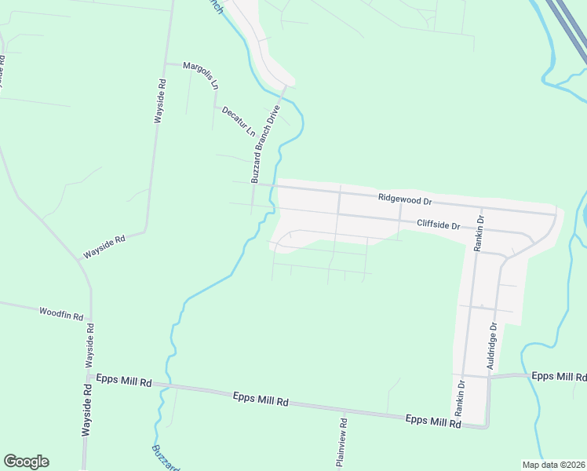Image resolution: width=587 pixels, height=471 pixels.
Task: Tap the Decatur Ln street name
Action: [239, 120]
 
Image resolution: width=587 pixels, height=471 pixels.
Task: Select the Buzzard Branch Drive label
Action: [265, 145]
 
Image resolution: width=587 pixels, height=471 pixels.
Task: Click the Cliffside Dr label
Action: [437, 225]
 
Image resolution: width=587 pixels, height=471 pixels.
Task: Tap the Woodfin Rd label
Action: [61, 313]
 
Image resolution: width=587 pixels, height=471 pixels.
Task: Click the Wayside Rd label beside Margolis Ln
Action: [159, 102]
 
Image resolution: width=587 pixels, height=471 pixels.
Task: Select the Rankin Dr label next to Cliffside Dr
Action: [479, 232]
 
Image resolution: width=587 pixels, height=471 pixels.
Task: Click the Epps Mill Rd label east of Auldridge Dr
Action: [559, 376]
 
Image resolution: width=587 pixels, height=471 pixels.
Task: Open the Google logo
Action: [26, 462]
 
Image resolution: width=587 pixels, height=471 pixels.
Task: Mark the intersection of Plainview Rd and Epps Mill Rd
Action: [345, 411]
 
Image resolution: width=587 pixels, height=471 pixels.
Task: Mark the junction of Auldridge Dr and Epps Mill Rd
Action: [488, 377]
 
